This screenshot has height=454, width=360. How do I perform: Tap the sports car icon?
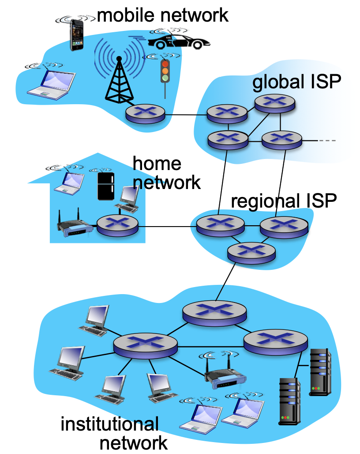(178, 41)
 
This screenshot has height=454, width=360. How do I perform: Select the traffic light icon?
(165, 71)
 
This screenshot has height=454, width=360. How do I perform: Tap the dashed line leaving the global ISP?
(327, 141)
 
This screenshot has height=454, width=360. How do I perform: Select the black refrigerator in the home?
(105, 186)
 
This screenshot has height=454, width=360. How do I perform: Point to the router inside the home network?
(117, 225)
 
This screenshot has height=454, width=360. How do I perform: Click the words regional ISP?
(284, 201)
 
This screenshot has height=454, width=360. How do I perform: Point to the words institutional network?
(114, 433)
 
